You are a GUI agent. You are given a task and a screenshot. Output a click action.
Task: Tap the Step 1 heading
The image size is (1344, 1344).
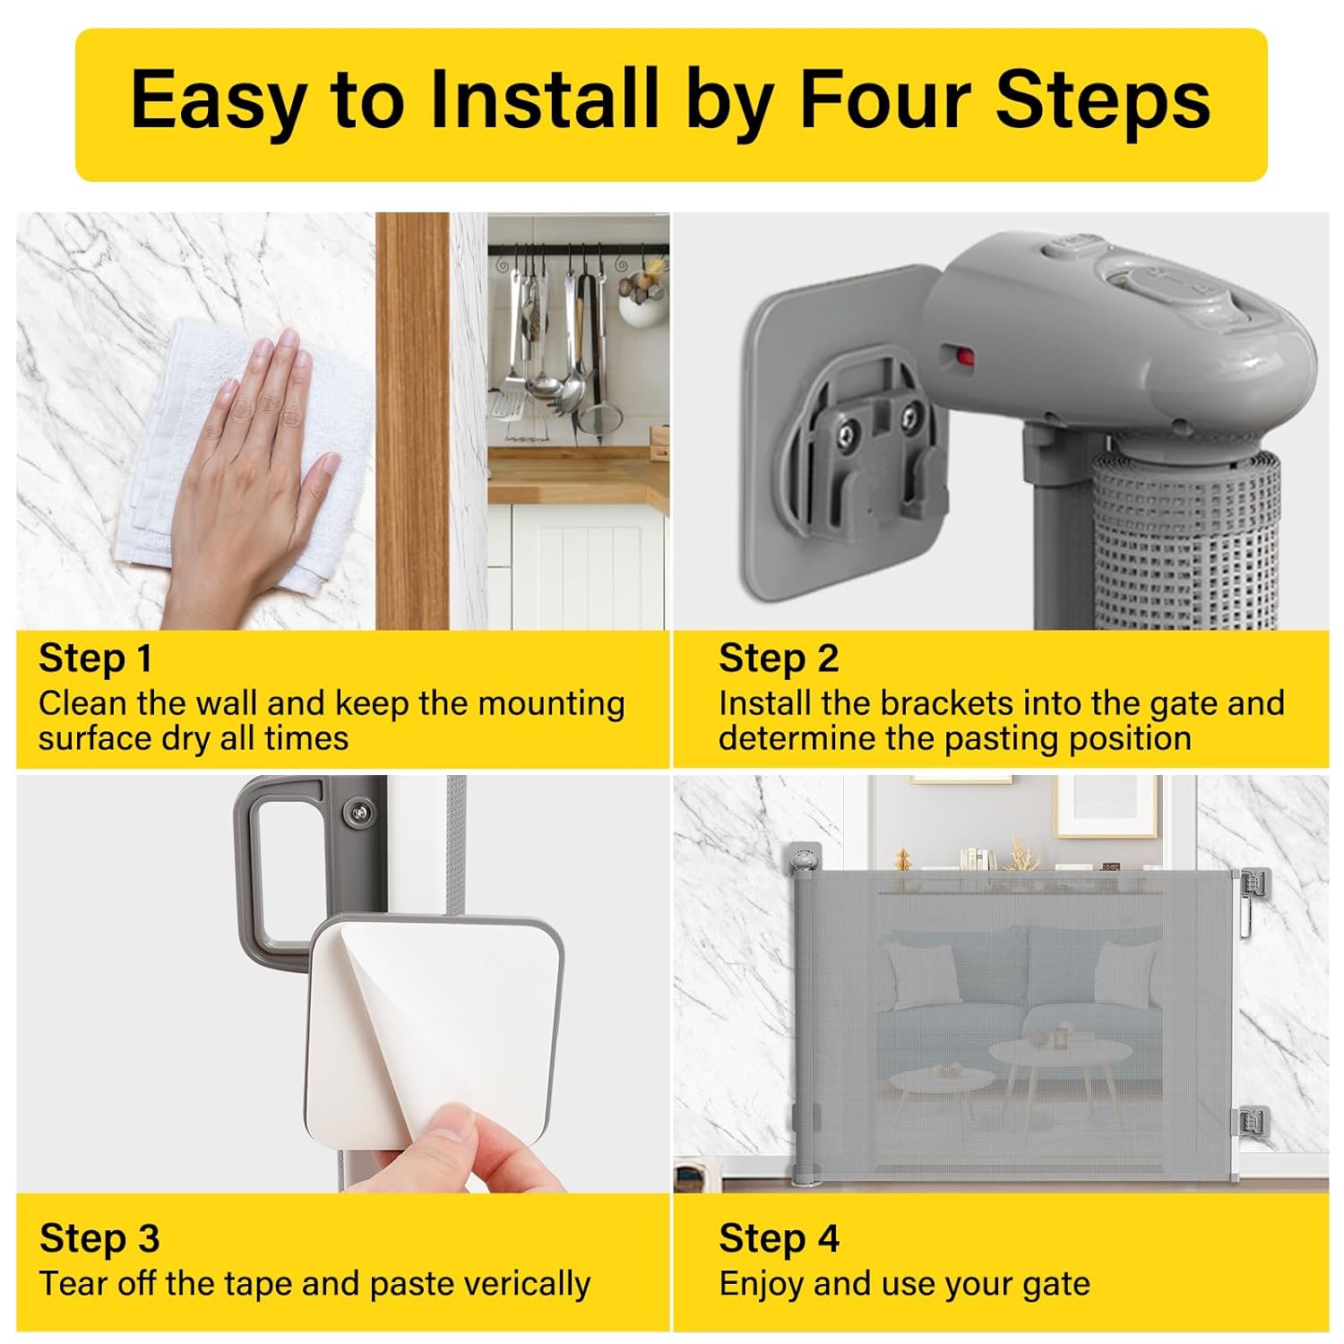coord(96,659)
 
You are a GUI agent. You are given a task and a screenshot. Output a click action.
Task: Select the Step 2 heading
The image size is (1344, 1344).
coord(778,659)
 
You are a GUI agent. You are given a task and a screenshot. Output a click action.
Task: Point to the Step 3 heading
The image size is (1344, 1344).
coord(99,1238)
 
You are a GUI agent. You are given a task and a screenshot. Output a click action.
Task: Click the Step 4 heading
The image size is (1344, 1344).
coord(779,1238)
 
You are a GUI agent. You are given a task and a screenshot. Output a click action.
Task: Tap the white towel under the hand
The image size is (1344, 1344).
coord(224,457)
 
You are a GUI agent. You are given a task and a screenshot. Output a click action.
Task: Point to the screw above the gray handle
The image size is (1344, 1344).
coord(359,813)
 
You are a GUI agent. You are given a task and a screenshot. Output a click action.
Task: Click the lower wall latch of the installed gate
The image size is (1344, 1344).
coord(1253,1120)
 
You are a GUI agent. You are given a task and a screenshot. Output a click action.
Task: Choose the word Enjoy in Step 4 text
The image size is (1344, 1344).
coord(762,1285)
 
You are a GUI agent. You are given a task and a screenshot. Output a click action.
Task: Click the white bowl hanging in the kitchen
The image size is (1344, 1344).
coord(643,308)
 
